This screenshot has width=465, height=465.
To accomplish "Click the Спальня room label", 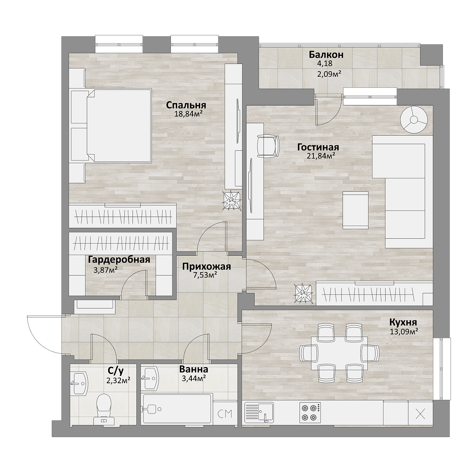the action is point(186,106).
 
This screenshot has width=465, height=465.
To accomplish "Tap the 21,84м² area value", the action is point(321,156).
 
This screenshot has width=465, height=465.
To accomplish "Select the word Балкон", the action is point(326,55).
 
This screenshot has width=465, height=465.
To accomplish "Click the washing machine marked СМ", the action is point(225,414).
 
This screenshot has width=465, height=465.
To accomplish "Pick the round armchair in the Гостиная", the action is point(414,120).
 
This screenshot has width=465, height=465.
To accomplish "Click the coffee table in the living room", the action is point(355,210).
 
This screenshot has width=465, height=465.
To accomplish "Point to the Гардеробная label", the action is point(119,260).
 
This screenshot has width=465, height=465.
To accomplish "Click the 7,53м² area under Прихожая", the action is point(205,275).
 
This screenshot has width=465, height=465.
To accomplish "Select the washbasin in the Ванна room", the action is point(149,378).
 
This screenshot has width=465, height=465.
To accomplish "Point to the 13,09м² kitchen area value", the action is point(404,332).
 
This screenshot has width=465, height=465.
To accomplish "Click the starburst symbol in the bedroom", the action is point(232,200).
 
